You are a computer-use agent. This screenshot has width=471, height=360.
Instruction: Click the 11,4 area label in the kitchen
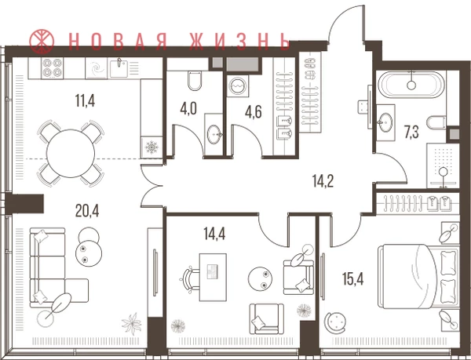(x=85, y=100)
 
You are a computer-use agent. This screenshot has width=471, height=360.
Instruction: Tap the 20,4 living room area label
(x=87, y=211)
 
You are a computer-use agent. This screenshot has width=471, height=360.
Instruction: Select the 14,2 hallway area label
(x=323, y=181)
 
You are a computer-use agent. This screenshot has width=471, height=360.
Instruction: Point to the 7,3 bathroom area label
(x=411, y=133)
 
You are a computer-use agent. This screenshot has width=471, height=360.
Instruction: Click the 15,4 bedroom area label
(x=353, y=279)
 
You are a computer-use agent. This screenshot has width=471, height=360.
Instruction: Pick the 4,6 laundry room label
(x=254, y=111)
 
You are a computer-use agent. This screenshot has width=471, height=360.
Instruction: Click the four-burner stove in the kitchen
(x=53, y=67)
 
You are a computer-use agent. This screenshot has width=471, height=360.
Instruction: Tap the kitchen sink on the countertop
(x=119, y=68)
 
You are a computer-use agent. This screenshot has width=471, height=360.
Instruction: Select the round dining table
(x=71, y=153)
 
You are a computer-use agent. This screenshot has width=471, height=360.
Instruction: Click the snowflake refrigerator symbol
(x=152, y=147)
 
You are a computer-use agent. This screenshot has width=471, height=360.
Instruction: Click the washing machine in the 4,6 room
(x=238, y=85)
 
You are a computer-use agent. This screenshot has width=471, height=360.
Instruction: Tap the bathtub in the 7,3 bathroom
(x=411, y=84)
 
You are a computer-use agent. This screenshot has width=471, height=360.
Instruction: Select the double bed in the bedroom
(x=418, y=276)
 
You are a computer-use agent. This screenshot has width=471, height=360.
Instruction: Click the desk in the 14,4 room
(x=213, y=277)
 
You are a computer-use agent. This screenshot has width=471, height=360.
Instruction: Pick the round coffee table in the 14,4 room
(x=261, y=278)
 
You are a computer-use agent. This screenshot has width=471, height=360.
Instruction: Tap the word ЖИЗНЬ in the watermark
(x=239, y=41)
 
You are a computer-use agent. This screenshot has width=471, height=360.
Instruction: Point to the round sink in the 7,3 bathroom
(x=385, y=122)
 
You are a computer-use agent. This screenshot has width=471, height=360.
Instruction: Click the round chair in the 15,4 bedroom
(x=334, y=322)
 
